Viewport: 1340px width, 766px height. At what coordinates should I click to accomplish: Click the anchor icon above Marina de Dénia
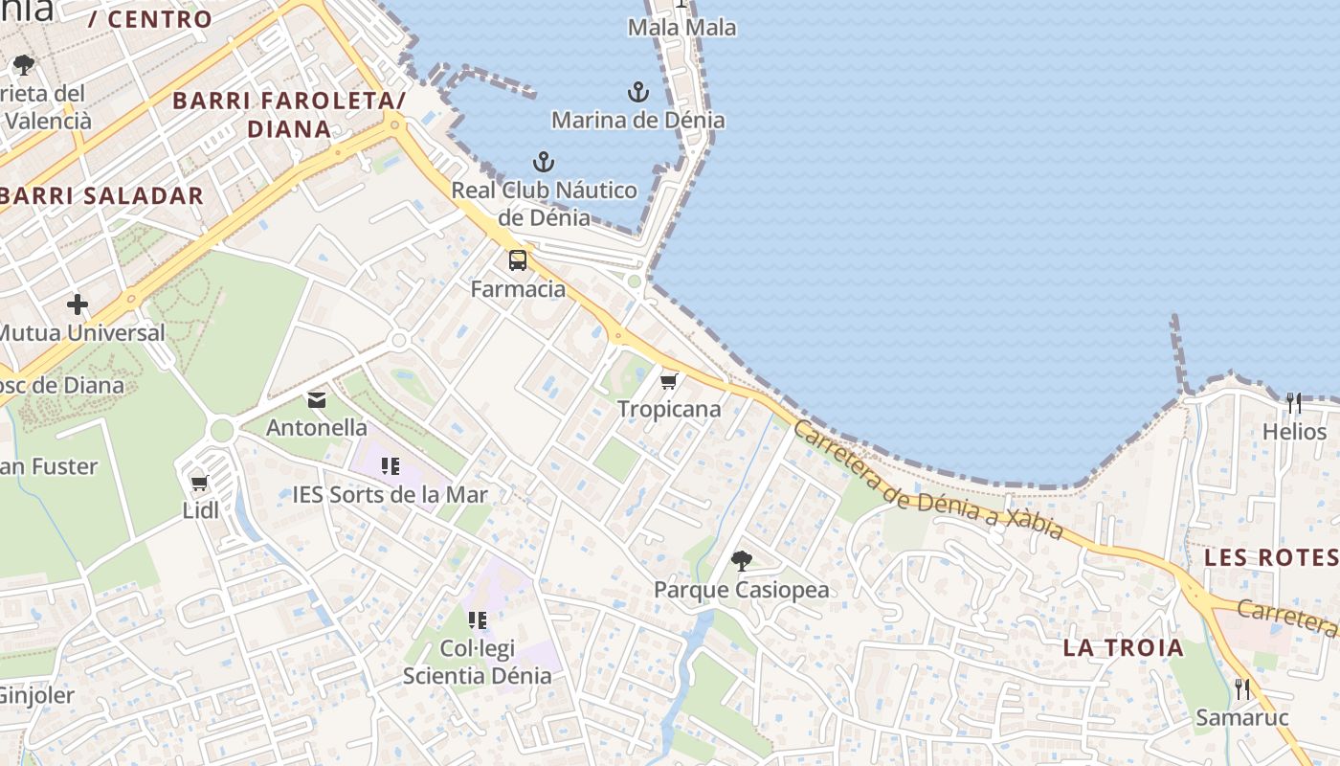click(x=638, y=92)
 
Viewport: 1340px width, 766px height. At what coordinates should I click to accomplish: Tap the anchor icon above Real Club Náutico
click(x=544, y=162)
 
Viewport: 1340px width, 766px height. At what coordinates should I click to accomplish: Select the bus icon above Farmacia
click(x=518, y=259)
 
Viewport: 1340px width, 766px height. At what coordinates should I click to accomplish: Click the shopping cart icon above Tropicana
click(x=669, y=381)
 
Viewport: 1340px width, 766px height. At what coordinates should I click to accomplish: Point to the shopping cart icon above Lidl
click(x=200, y=483)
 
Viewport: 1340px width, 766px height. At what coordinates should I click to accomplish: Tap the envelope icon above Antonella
click(x=316, y=399)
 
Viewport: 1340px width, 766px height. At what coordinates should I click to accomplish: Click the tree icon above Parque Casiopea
click(x=741, y=561)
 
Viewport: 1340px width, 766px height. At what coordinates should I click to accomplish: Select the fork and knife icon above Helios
click(x=1294, y=403)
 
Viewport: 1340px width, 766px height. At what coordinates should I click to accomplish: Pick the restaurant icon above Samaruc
click(x=1242, y=688)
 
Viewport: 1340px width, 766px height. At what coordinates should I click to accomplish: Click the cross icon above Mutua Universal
click(x=78, y=305)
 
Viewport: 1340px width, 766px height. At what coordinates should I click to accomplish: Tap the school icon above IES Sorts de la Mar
click(x=390, y=466)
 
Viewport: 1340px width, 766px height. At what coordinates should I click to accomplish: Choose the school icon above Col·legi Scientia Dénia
click(x=478, y=620)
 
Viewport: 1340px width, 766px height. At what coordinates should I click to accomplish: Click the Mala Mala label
click(x=682, y=28)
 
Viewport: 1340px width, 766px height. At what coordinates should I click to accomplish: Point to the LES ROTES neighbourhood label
click(x=1270, y=557)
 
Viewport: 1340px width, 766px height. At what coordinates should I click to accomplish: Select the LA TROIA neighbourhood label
click(x=1123, y=647)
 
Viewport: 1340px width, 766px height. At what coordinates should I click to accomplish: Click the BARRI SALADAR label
click(x=101, y=196)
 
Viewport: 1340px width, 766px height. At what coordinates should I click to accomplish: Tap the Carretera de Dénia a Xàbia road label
click(x=928, y=482)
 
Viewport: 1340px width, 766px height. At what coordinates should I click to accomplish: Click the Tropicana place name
click(x=669, y=409)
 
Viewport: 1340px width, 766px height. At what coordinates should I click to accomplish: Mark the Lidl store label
click(x=201, y=510)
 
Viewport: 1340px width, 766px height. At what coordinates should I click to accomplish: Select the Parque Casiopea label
click(x=741, y=589)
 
